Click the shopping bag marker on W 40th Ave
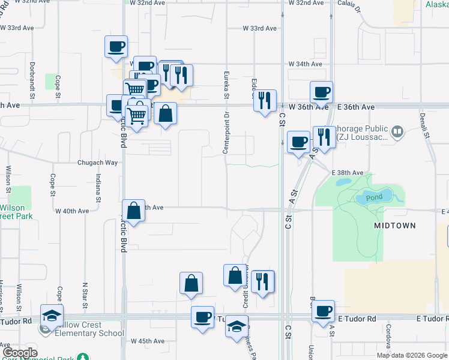coord(134,211)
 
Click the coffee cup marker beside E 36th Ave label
coord(321,92)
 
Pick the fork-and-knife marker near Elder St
coord(265,101)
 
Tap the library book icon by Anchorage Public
coord(397,131)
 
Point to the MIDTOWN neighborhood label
coord(394,225)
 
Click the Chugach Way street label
coord(97,163)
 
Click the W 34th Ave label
coord(306,64)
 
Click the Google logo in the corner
coord(20,353)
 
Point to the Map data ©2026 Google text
coord(411,355)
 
